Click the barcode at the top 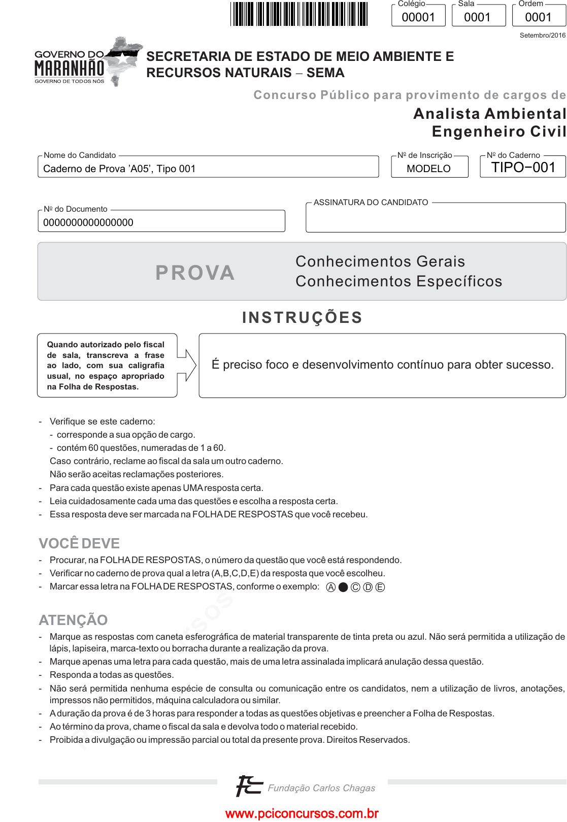299,14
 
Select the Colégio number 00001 418,17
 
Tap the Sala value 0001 477,17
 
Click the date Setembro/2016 542,36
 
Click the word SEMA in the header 325,73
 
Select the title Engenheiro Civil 498,131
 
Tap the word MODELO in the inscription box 428,169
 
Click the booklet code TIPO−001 523,168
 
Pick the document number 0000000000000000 88,222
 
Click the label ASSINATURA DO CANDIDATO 371,203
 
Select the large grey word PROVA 195,273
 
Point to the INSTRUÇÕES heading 302,317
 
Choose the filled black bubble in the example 343,587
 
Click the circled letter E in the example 380,587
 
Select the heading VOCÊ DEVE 79,543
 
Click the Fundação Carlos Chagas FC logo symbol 249,786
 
